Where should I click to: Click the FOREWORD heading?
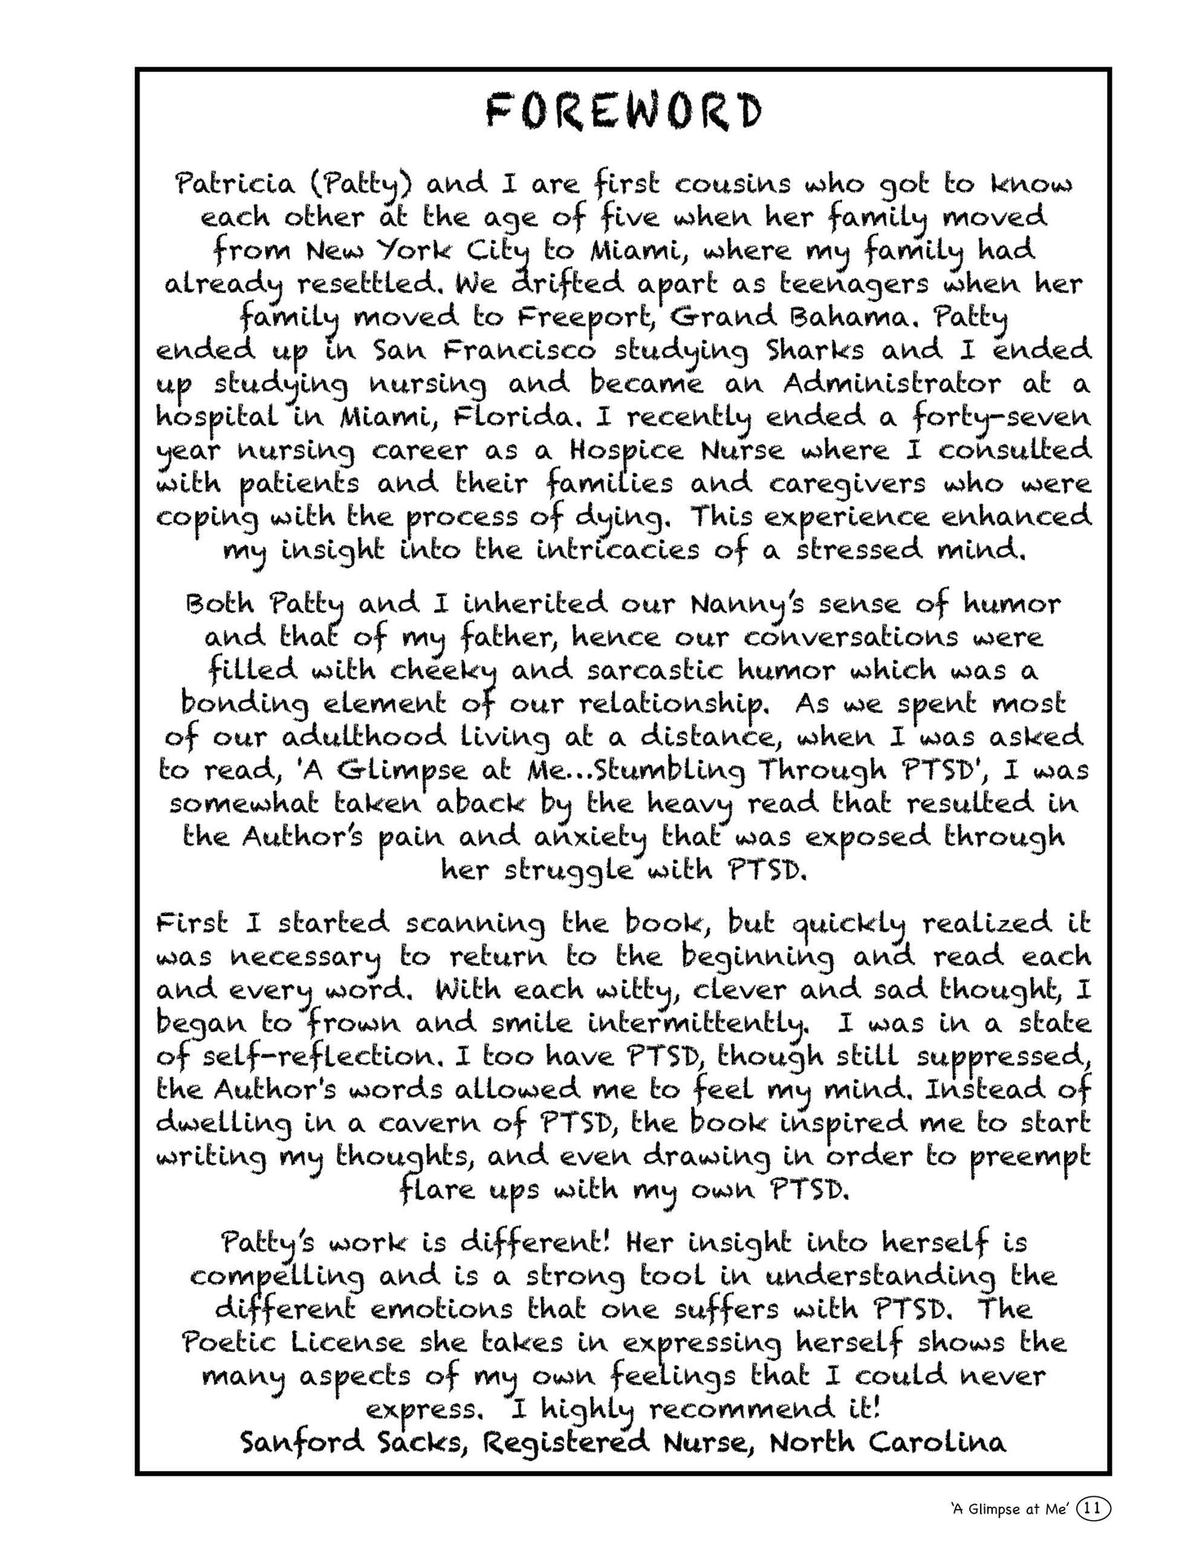point(623,112)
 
